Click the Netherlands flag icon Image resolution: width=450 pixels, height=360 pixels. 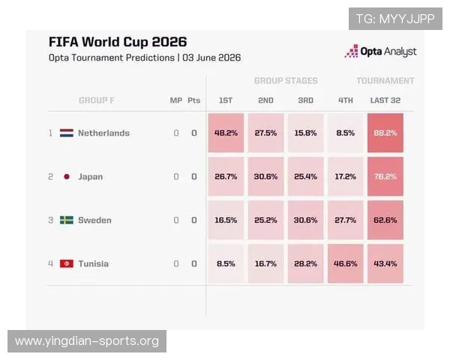click(x=67, y=133)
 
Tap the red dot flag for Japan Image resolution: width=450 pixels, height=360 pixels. click(x=67, y=176)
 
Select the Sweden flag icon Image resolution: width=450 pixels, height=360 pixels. click(x=67, y=220)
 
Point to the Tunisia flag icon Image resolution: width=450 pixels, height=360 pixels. click(x=67, y=263)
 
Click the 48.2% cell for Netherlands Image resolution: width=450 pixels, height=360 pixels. click(x=226, y=133)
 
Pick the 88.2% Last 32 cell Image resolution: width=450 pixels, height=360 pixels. click(x=385, y=133)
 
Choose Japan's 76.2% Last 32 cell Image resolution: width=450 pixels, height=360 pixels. click(x=385, y=176)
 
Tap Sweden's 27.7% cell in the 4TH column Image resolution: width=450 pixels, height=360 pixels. click(x=345, y=220)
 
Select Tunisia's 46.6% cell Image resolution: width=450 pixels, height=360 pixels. click(x=345, y=263)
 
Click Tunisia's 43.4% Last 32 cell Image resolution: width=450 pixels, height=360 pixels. click(x=385, y=263)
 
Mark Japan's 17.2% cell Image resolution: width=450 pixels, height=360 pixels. click(x=345, y=176)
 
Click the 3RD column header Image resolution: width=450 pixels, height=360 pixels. click(x=306, y=100)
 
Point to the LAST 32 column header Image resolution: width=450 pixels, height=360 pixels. click(x=385, y=100)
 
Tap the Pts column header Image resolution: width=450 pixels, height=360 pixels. click(x=194, y=100)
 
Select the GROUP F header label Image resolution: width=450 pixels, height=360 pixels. click(x=97, y=100)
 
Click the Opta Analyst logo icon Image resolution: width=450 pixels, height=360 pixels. click(x=351, y=51)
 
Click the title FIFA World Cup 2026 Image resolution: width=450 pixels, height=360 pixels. click(x=118, y=42)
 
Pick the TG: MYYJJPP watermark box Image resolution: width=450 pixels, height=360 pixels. click(x=395, y=19)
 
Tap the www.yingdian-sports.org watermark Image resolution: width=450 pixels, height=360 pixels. click(x=87, y=341)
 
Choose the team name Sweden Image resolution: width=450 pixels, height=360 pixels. click(x=94, y=220)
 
